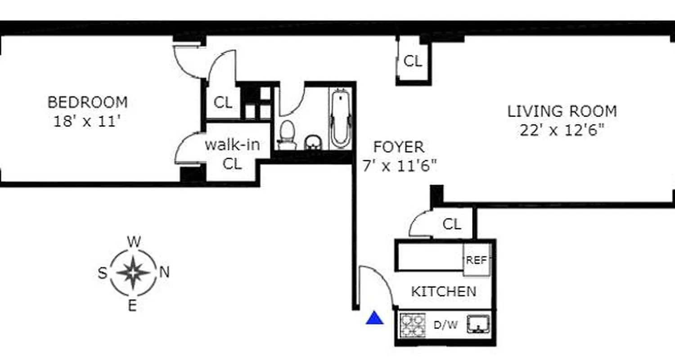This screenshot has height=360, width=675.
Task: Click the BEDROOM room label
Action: click(87, 102)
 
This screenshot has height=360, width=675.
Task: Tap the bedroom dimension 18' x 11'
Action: click(87, 121)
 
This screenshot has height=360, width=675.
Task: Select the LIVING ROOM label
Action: click(562, 111)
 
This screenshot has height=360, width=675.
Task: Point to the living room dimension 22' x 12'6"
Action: click(562, 130)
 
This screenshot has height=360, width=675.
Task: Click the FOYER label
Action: click(398, 147)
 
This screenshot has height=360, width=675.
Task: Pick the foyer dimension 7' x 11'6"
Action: click(400, 166)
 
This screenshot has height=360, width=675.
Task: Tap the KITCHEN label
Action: click(443, 291)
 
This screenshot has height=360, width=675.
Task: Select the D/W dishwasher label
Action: click(445, 325)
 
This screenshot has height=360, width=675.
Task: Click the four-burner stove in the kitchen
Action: click(413, 325)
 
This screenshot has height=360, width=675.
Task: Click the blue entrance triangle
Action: click(374, 319)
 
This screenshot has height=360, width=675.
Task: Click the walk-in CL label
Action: click(232, 154)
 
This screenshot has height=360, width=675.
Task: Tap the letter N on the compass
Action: click(164, 272)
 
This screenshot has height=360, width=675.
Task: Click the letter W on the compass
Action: click(134, 242)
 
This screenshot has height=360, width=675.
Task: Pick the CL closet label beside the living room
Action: click(413, 61)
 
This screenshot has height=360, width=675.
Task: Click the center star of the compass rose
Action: click(134, 272)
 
